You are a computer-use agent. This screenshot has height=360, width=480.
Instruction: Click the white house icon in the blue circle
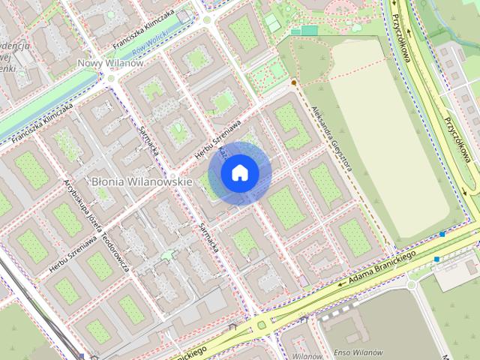point(240,173)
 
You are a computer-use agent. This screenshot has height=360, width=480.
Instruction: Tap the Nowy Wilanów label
point(110,64)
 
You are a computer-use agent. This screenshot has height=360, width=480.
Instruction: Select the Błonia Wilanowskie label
point(142,181)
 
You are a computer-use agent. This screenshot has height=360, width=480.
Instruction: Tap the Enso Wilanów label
point(358,352)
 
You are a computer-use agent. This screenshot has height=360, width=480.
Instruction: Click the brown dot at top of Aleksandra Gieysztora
point(294,82)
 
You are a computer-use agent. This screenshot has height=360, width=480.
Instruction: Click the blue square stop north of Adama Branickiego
point(443,235)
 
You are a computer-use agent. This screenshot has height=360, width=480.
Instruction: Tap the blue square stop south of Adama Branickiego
point(436,259)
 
